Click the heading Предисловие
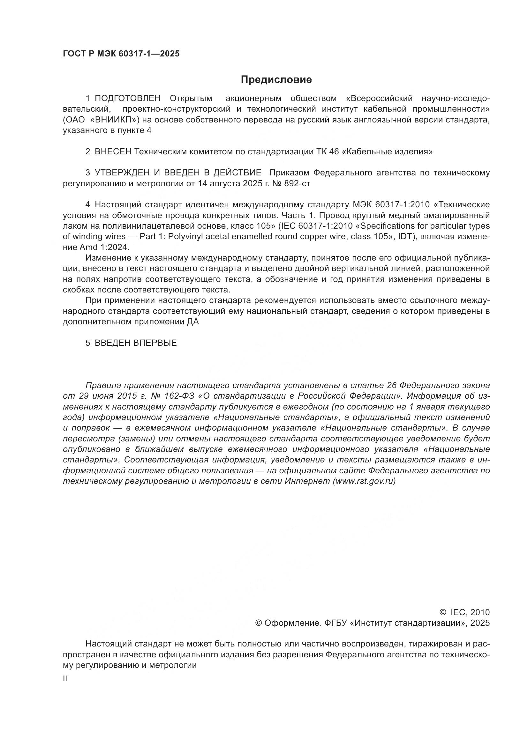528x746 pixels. tap(276, 80)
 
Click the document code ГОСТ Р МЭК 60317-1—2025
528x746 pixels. tap(121, 54)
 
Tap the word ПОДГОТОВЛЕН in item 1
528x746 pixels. tap(127, 99)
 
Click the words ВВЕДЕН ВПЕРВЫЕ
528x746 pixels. tap(136, 343)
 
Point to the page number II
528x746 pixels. tap(65, 679)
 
